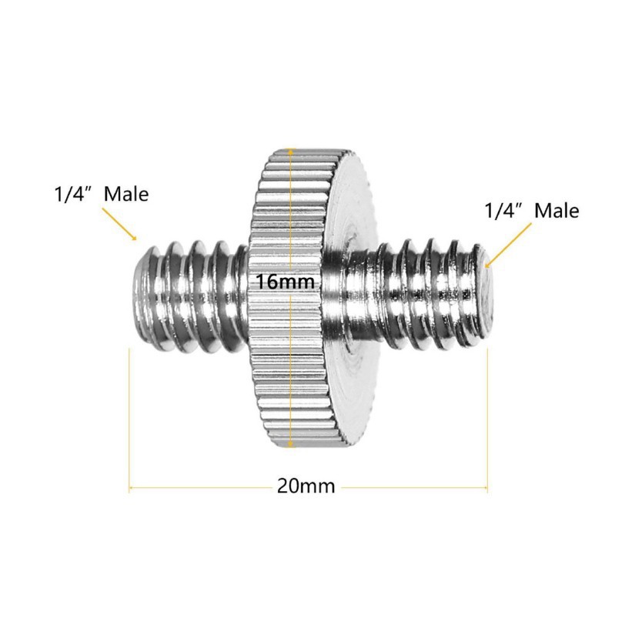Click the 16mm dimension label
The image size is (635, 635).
[286, 282]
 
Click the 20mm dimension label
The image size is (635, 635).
[306, 486]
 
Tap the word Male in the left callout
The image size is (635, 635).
[126, 194]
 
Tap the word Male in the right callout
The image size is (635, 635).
[556, 211]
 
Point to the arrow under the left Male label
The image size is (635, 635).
[119, 224]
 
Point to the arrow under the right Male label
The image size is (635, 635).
[508, 246]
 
